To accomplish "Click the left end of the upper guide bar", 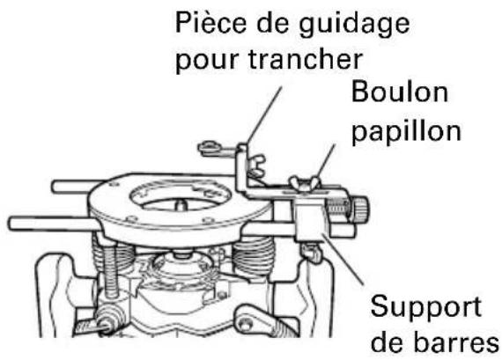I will pyautogui.click(x=55, y=186).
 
